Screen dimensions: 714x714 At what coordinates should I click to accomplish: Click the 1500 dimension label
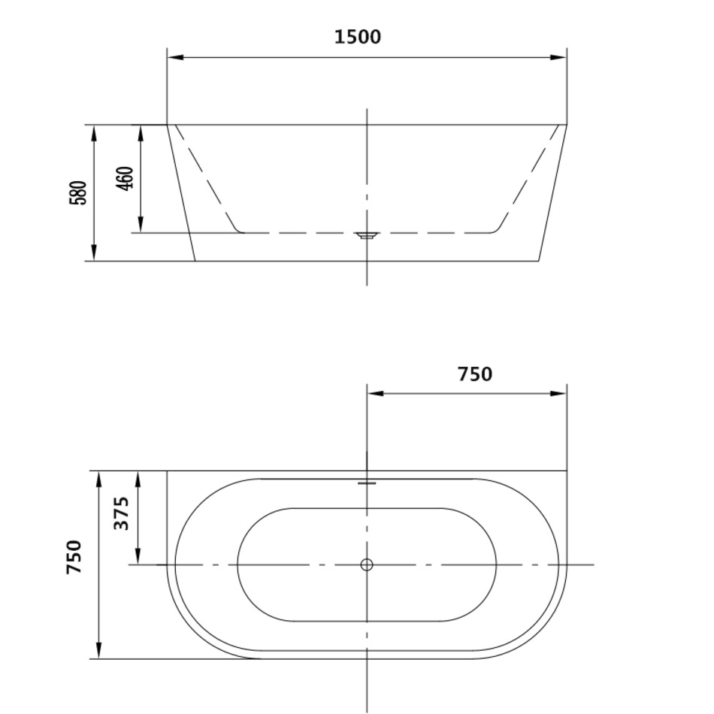coord(358,37)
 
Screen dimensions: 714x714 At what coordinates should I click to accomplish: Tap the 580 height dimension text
coord(78,192)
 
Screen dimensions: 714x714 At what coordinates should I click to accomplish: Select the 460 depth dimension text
coord(125,178)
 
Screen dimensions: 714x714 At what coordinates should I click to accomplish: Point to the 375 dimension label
coord(121,513)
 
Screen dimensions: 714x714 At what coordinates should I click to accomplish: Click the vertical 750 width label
coord(74,556)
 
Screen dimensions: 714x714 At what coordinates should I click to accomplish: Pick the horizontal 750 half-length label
coord(475,374)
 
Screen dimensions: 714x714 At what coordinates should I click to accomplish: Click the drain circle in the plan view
coord(367,564)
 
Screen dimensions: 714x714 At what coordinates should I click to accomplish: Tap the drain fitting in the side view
coord(367,235)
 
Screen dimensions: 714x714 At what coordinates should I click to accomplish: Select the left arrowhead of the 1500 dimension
coord(175,57)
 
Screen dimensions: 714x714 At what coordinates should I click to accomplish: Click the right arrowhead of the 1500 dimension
coord(558,57)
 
